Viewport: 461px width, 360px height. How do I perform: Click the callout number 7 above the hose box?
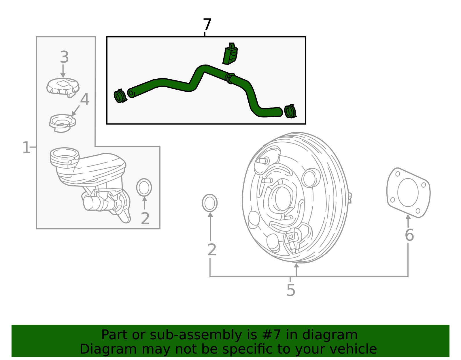pyautogui.click(x=207, y=25)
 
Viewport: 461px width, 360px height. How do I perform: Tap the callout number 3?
pyautogui.click(x=64, y=57)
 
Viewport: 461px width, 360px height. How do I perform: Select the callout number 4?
pyautogui.click(x=85, y=100)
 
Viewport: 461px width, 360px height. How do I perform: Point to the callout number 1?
pyautogui.click(x=26, y=148)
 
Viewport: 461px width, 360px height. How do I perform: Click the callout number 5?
pyautogui.click(x=291, y=290)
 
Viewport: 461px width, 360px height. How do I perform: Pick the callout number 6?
pyautogui.click(x=409, y=235)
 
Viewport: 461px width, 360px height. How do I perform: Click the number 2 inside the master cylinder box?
pyautogui.click(x=145, y=218)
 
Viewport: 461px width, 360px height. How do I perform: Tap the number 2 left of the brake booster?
pyautogui.click(x=212, y=250)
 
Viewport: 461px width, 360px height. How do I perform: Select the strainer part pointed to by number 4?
pyautogui.click(x=62, y=123)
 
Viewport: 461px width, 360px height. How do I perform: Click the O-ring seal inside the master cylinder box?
pyautogui.click(x=144, y=187)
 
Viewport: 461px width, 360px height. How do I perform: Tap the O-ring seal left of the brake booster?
pyautogui.click(x=210, y=203)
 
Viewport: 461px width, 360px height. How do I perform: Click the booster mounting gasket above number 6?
pyautogui.click(x=408, y=193)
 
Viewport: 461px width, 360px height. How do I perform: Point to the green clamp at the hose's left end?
pyautogui.click(x=120, y=96)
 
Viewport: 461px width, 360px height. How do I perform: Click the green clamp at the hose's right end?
pyautogui.click(x=290, y=112)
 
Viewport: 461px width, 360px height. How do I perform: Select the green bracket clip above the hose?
pyautogui.click(x=230, y=54)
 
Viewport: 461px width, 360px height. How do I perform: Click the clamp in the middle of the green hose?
pyautogui.click(x=230, y=78)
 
